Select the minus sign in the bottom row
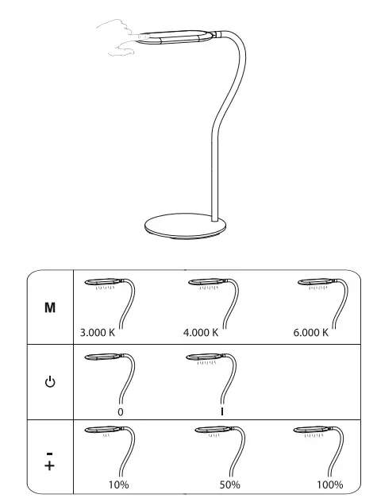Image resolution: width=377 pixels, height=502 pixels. pyautogui.click(x=49, y=453)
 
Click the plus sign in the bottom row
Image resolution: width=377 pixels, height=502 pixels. pyautogui.click(x=49, y=465)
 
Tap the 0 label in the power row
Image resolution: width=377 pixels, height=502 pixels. pyautogui.click(x=120, y=411)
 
